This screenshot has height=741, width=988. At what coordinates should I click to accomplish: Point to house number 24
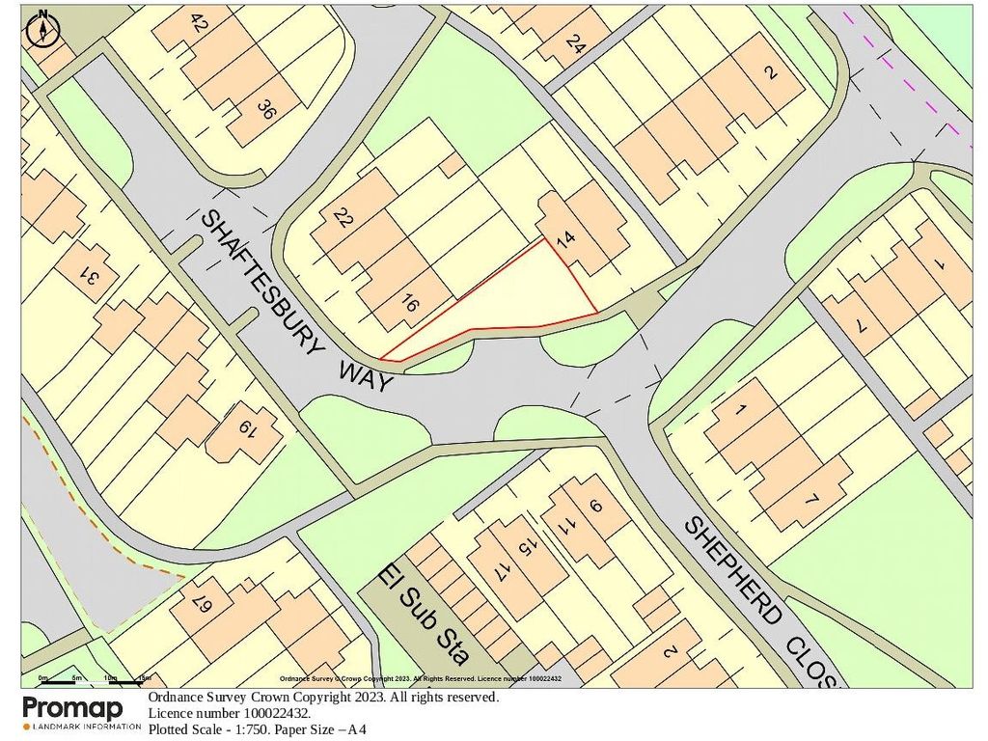coord(576,43)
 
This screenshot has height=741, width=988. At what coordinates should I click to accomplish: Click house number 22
coord(343,218)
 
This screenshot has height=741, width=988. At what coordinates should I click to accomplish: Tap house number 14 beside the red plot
coord(564,240)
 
